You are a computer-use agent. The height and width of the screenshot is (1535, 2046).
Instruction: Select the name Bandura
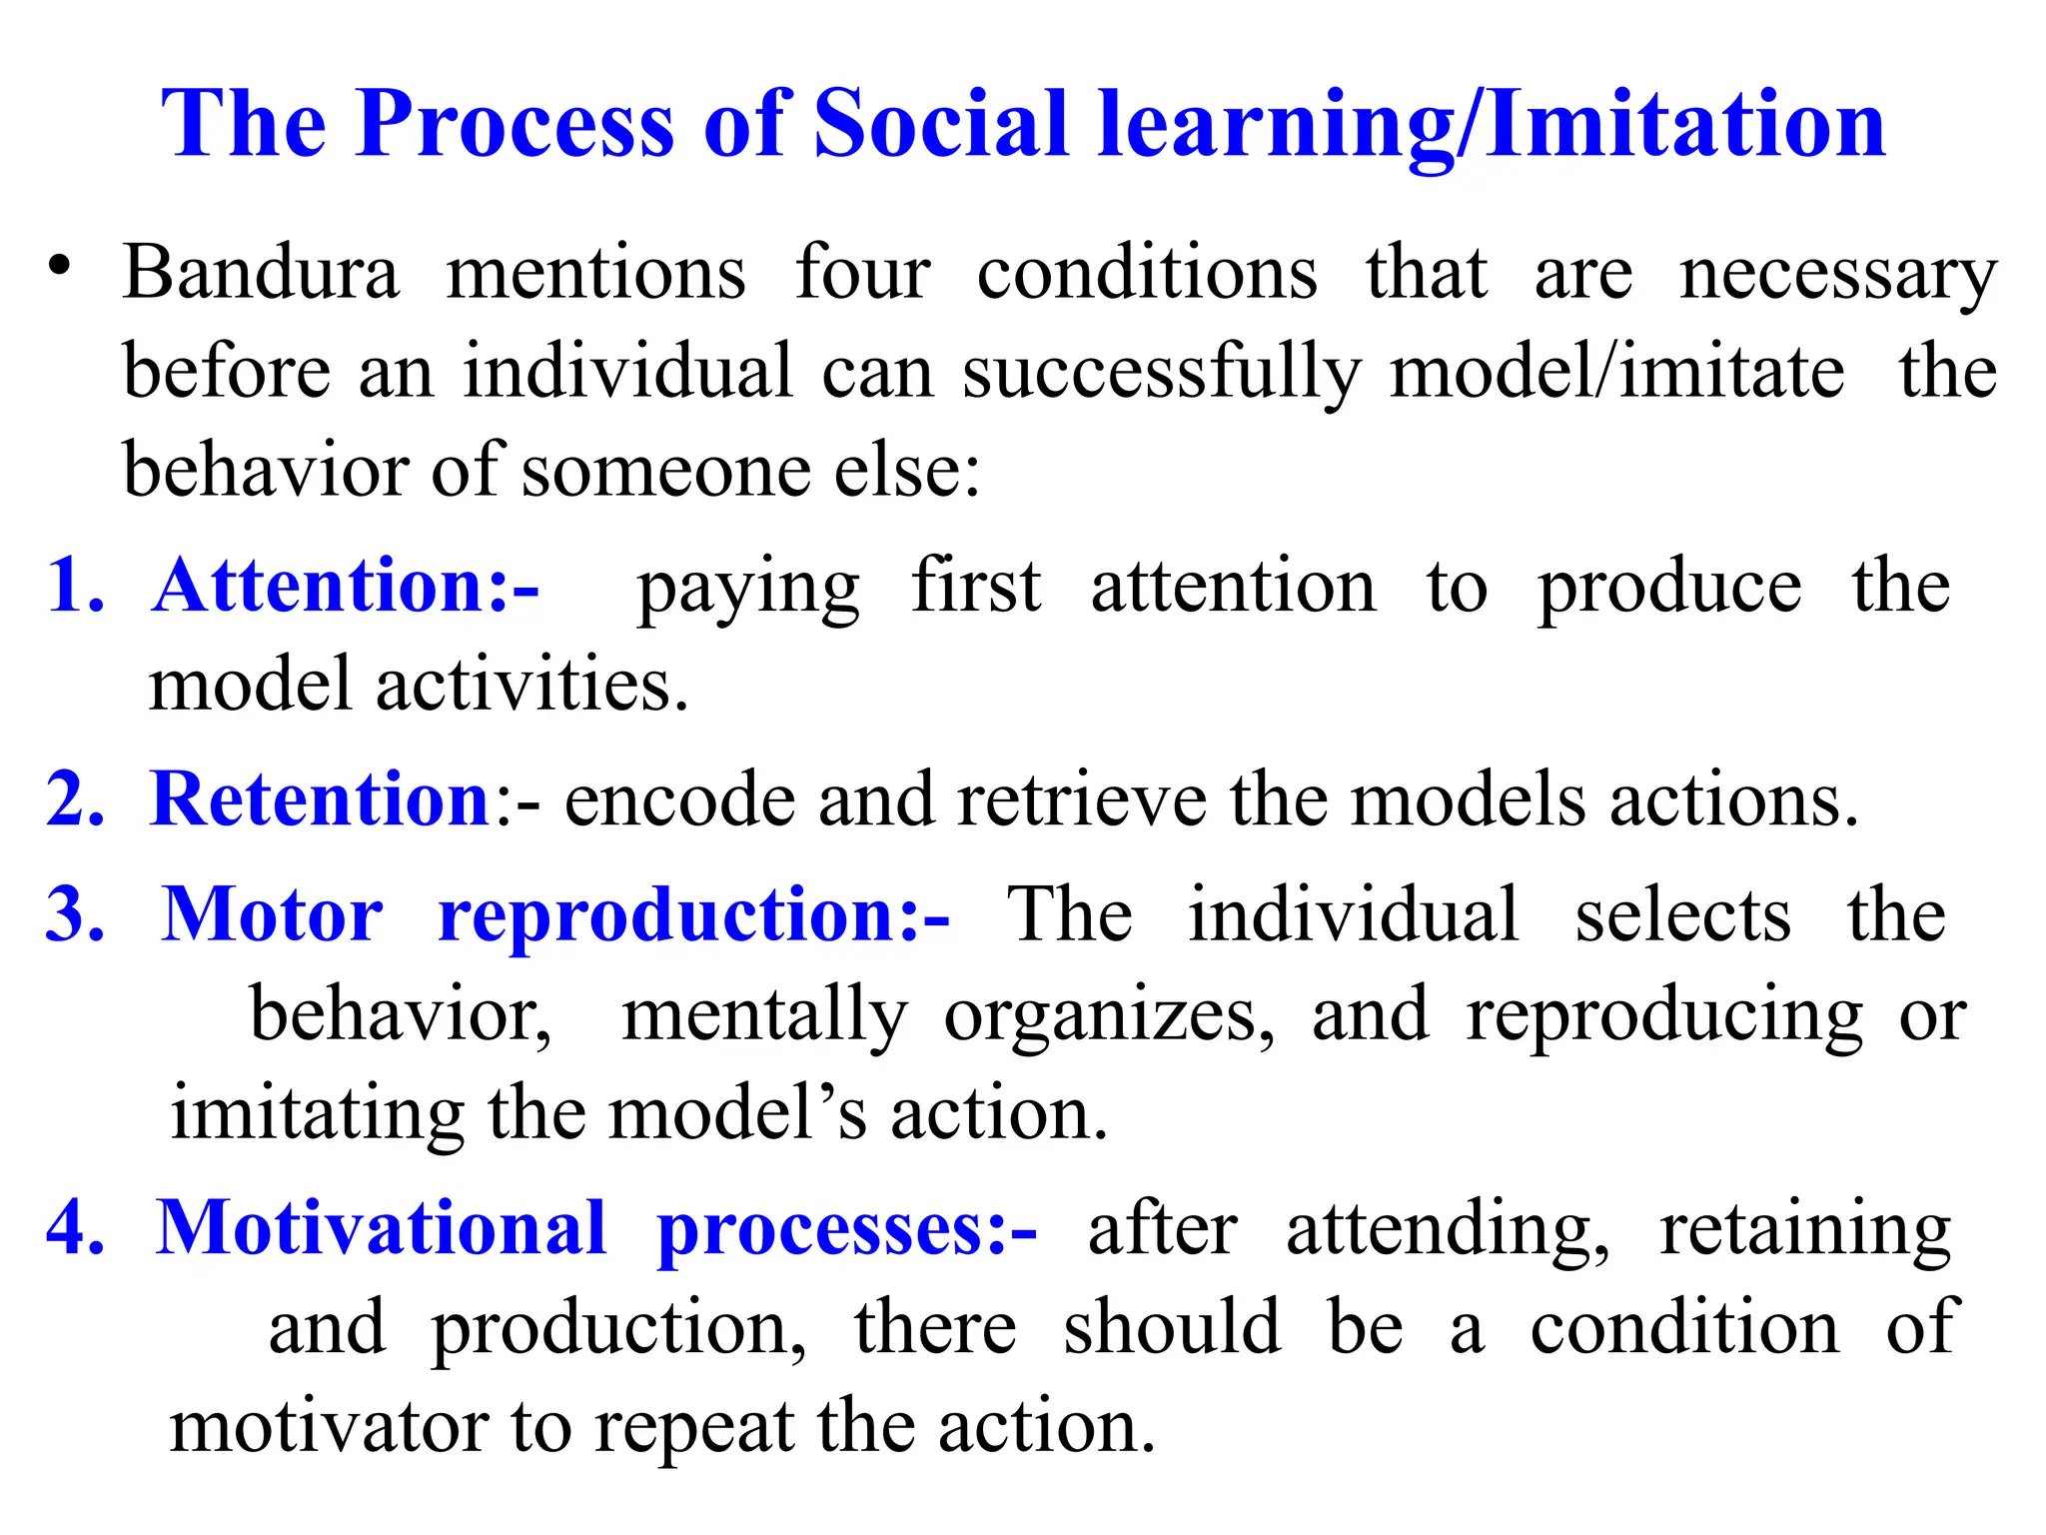click(261, 272)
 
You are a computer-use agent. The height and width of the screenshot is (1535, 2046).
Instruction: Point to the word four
click(863, 272)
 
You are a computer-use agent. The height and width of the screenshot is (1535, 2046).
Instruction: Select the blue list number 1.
click(75, 586)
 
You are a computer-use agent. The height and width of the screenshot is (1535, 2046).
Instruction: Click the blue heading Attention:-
click(346, 586)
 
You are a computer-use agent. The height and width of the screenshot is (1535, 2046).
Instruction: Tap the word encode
click(679, 801)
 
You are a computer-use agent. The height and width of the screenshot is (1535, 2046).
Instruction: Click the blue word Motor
click(272, 915)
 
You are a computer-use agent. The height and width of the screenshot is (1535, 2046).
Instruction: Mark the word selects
click(1682, 915)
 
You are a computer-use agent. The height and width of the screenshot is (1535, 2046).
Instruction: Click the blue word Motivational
click(381, 1228)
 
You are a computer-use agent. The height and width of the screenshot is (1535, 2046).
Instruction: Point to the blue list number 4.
click(75, 1228)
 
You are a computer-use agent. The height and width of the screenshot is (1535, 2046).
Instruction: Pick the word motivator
click(329, 1427)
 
